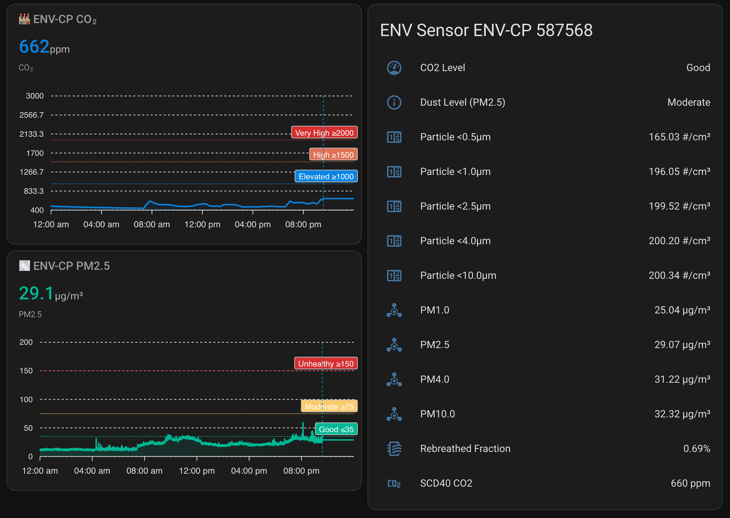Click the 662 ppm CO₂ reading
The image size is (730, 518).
(44, 47)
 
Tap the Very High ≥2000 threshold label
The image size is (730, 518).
(324, 133)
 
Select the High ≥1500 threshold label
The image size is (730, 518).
(333, 154)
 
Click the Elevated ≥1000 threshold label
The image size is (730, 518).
(326, 176)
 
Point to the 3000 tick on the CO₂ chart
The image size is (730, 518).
(35, 96)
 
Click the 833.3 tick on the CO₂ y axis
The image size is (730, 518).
(34, 191)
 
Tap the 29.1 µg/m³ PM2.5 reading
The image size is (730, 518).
(51, 293)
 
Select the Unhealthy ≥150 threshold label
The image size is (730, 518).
(326, 364)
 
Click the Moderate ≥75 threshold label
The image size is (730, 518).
(329, 406)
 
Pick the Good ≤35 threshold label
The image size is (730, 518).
(336, 429)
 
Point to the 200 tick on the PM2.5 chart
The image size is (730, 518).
(26, 342)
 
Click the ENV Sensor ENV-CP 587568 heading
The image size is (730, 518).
(486, 30)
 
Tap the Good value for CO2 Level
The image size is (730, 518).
(698, 68)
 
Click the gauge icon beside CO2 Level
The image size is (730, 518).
(394, 68)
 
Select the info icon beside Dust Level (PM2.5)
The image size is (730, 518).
(394, 102)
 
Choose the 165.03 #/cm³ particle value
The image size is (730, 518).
(679, 137)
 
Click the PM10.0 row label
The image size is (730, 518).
(437, 414)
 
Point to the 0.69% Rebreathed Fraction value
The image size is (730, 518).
(696, 448)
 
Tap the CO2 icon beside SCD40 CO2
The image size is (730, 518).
(394, 484)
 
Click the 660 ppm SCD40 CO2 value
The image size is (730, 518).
(690, 483)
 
